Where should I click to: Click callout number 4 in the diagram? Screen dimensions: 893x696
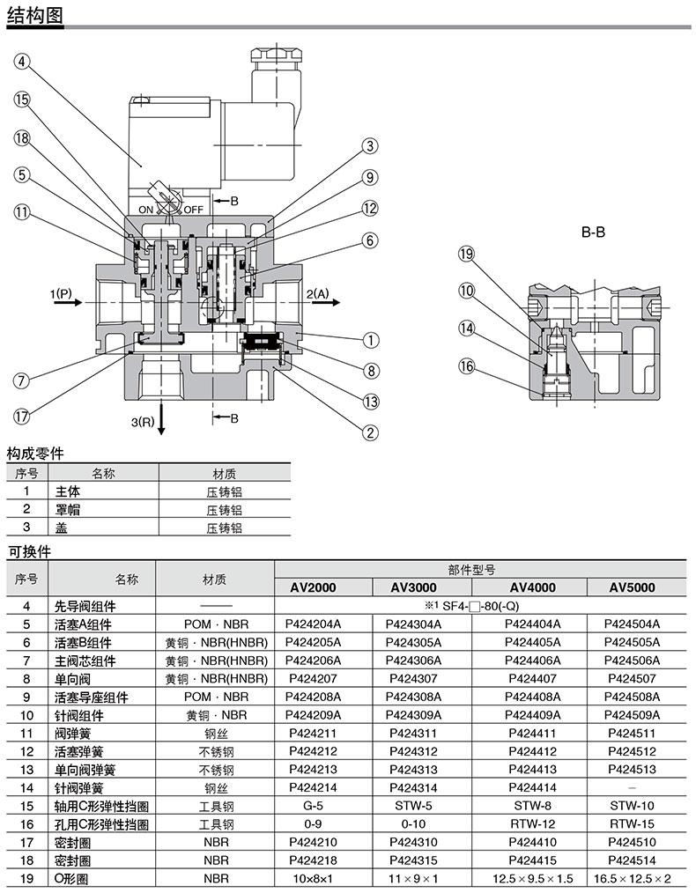click(x=22, y=61)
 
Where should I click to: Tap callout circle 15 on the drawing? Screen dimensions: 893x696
click(x=22, y=100)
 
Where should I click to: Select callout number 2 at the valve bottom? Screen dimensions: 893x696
click(x=371, y=432)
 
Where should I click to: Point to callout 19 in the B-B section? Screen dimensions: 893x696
click(x=467, y=255)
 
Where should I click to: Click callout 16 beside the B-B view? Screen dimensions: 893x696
click(x=467, y=366)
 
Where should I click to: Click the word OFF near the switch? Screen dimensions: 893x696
click(x=193, y=209)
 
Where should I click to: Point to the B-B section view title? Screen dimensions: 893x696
click(x=592, y=233)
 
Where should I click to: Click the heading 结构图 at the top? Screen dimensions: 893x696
click(x=33, y=13)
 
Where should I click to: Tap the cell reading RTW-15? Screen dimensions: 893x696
click(x=632, y=824)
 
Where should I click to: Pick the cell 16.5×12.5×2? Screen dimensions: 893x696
click(x=632, y=879)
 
